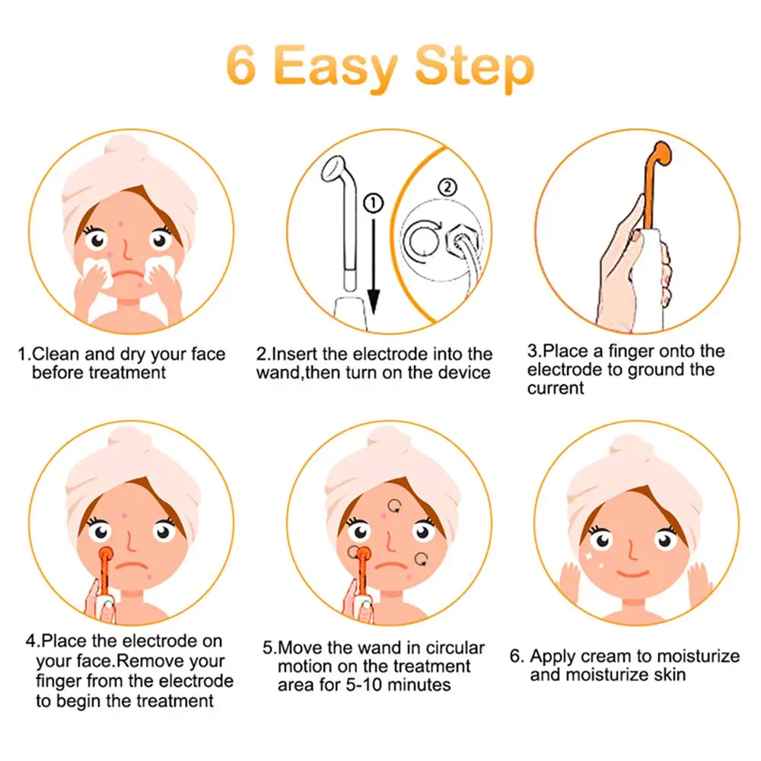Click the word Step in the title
[473, 68]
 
